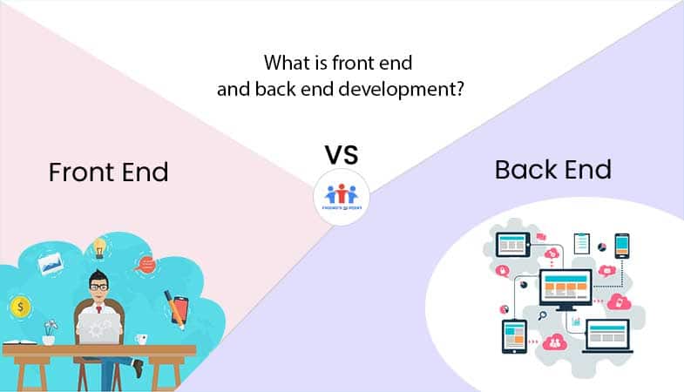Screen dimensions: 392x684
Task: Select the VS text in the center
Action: (x=342, y=155)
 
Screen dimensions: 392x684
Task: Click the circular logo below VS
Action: (x=342, y=198)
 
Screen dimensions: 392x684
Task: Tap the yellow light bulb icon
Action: (x=100, y=247)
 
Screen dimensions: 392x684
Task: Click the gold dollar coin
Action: (x=18, y=307)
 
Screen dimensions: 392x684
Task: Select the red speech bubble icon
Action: (x=145, y=262)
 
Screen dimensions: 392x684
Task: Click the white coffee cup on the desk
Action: (x=142, y=336)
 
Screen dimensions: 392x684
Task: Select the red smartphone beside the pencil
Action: (x=179, y=308)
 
